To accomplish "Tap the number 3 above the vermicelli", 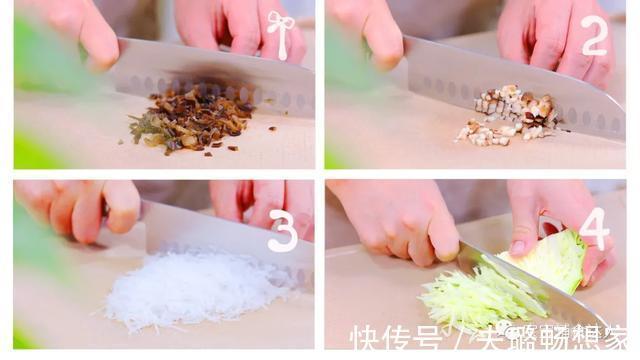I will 283,231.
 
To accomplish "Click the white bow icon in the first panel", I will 280,35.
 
